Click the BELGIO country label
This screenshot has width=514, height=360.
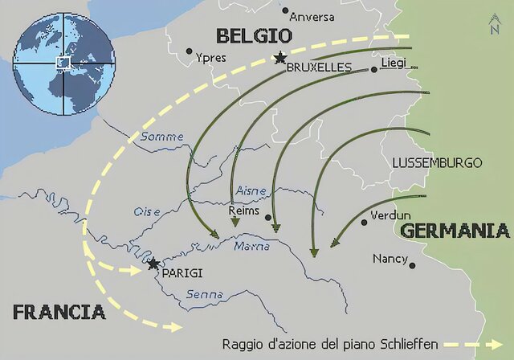coord(253,35)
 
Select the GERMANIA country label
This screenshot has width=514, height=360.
coord(454,231)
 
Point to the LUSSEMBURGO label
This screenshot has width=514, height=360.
coord(437,163)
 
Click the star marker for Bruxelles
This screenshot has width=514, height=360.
coord(279,57)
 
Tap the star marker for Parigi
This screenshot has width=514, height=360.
coord(153,264)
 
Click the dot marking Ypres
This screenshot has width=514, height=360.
coord(190,51)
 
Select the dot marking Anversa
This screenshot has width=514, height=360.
coord(284,11)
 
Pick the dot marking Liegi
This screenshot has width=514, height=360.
coord(373,70)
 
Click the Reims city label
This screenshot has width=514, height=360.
coord(244,211)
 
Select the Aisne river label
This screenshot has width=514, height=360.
coord(252,190)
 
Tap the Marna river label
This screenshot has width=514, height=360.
coord(252,246)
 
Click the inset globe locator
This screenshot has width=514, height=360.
coord(62,61)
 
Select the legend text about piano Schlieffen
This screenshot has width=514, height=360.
coord(330,344)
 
